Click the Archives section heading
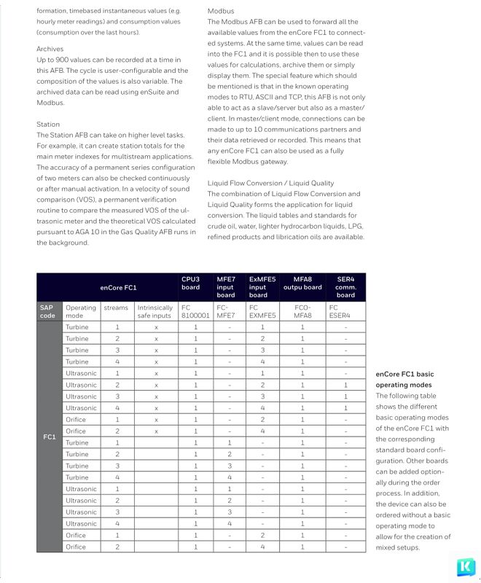click(50, 49)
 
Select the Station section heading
click(48, 125)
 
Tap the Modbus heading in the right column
click(221, 12)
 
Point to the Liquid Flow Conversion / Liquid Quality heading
click(270, 183)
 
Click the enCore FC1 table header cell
click(118, 288)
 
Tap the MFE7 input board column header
click(226, 286)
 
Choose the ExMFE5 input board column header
click(262, 286)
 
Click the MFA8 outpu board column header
click(302, 283)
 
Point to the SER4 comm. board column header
click(345, 286)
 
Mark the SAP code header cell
click(47, 311)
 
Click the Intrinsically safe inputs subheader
click(155, 311)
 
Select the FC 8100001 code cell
click(195, 311)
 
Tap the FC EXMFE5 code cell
click(263, 311)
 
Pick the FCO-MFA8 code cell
click(302, 311)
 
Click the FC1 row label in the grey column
click(49, 437)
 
